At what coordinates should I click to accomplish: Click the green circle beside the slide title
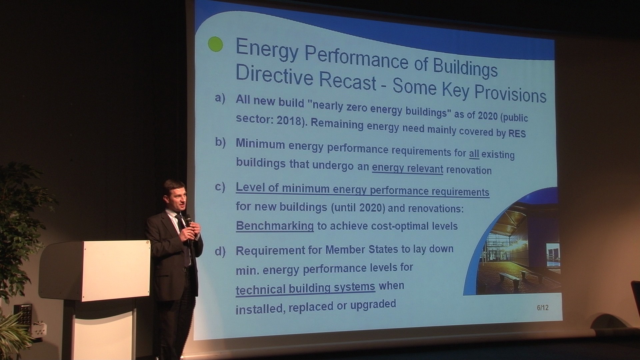coord(215,44)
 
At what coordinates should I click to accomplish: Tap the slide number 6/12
coord(543,308)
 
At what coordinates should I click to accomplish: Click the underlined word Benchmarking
coord(275,226)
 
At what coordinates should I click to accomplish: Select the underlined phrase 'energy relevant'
coord(407,168)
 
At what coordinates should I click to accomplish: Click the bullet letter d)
coord(220,251)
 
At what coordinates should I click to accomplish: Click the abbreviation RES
coord(517,133)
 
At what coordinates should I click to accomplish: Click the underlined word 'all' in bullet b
coord(474,154)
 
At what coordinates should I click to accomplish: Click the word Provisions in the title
coord(510,93)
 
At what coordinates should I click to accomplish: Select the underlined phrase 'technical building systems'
coord(305,288)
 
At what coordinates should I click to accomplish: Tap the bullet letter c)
coord(220,187)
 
